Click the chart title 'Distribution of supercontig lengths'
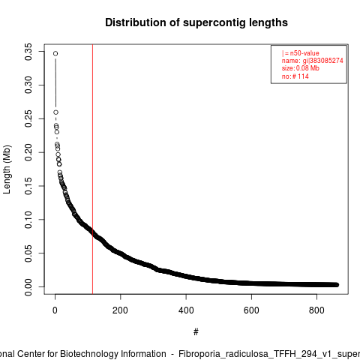196,22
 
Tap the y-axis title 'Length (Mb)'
7,169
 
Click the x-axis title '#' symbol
196,332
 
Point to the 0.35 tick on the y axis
28,52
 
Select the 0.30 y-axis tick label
28,85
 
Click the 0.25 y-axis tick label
28,118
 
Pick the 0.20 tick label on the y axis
28,152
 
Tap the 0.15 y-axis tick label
28,186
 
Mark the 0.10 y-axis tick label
28,220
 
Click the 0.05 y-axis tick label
28,253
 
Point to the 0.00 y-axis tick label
28,286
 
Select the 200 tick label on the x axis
120,310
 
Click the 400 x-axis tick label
186,310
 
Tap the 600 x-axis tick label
251,310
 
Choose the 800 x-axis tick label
316,310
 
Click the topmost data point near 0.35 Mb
55,53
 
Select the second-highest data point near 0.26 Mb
55,112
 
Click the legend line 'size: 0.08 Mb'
301,68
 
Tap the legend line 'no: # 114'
295,76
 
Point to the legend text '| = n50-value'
301,53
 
